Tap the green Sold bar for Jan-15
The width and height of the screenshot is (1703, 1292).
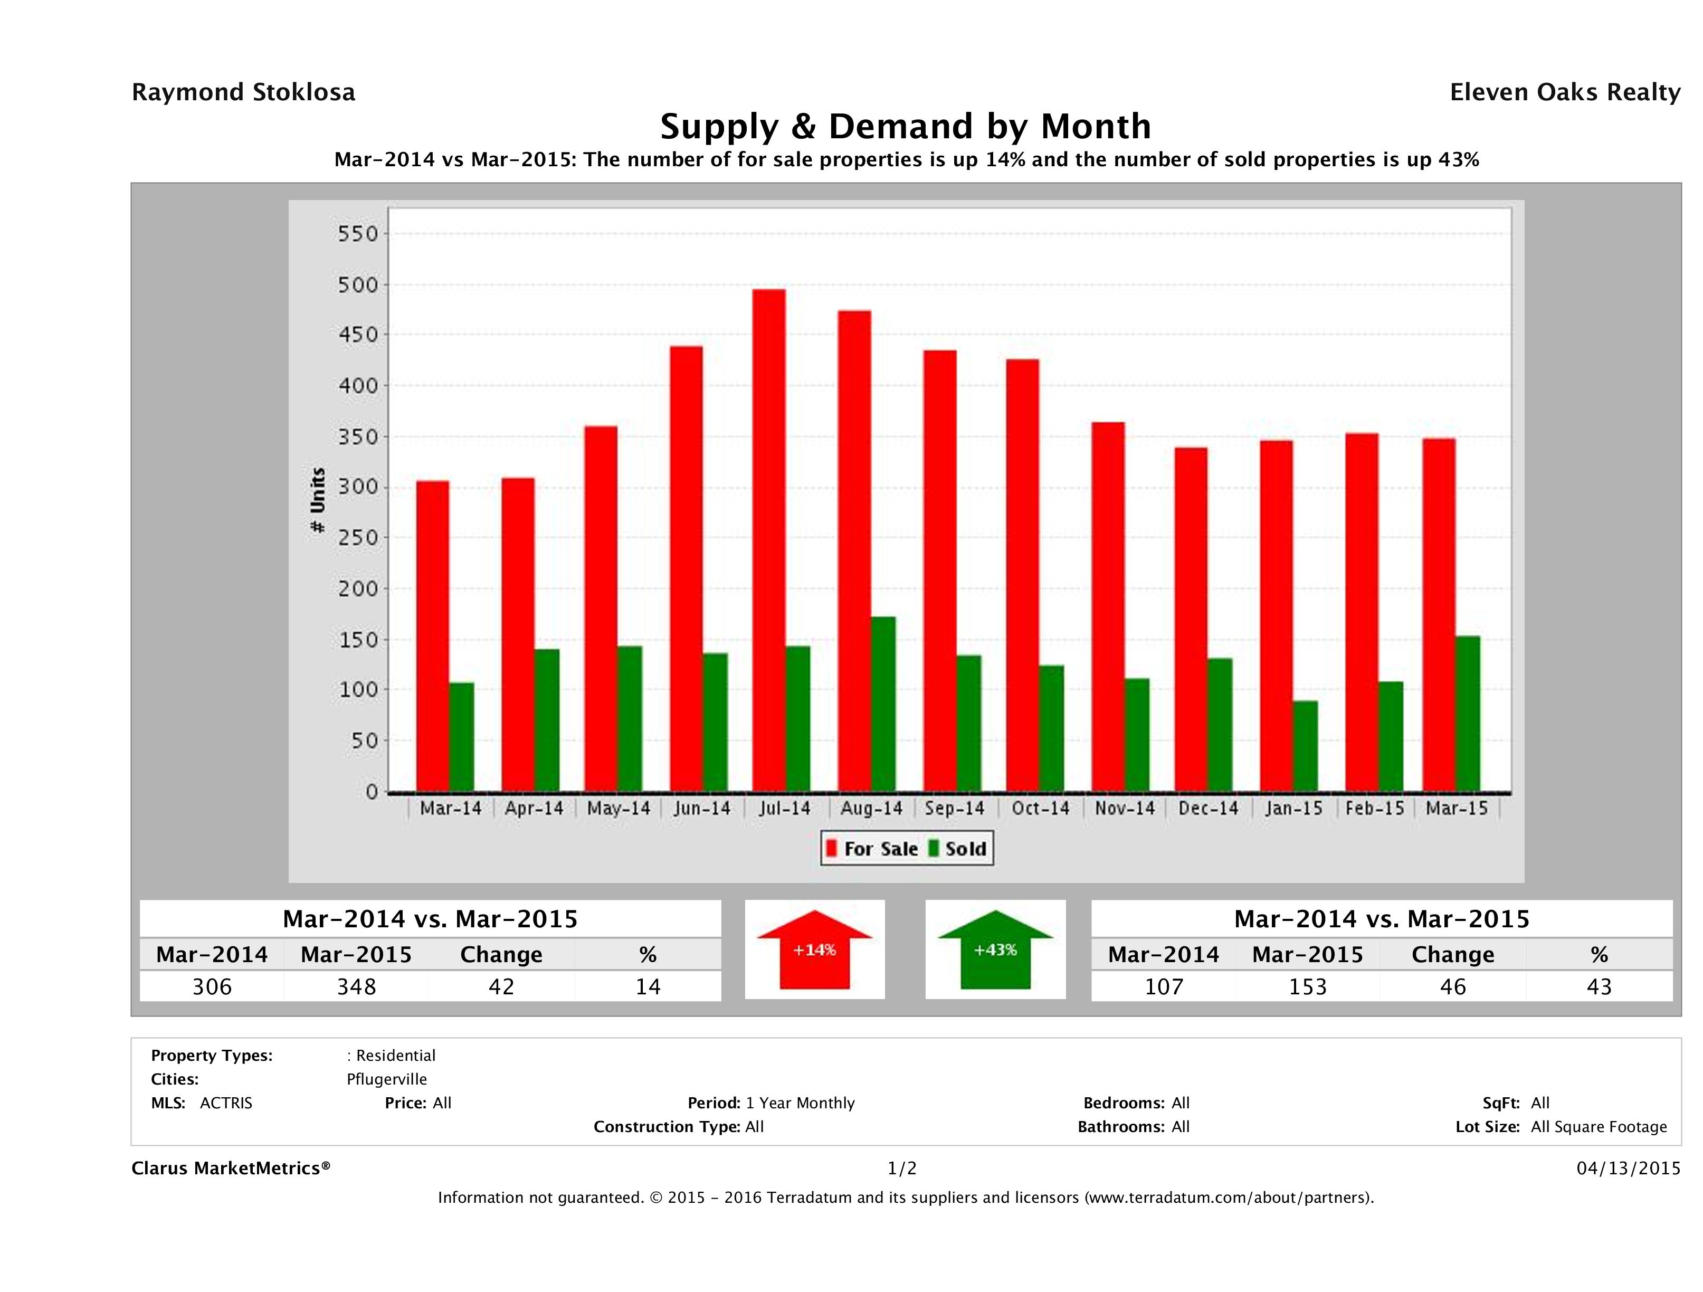1305,745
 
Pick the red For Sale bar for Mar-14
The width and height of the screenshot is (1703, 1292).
433,636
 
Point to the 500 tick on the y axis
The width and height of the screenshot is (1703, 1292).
359,285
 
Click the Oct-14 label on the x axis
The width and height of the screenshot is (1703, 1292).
1040,809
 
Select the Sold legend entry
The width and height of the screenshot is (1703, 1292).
958,849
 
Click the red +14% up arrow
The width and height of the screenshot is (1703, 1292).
814,949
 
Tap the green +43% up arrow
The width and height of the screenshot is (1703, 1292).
995,949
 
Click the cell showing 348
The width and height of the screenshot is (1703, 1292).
356,986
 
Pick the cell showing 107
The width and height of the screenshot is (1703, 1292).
1163,986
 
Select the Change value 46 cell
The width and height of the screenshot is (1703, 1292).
1453,986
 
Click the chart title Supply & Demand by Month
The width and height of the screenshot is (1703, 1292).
906,126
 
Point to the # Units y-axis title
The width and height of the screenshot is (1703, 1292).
317,500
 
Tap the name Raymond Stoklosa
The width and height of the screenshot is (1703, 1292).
243,92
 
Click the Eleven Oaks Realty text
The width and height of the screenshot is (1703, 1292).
1564,92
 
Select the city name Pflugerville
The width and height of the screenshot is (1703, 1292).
386,1079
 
